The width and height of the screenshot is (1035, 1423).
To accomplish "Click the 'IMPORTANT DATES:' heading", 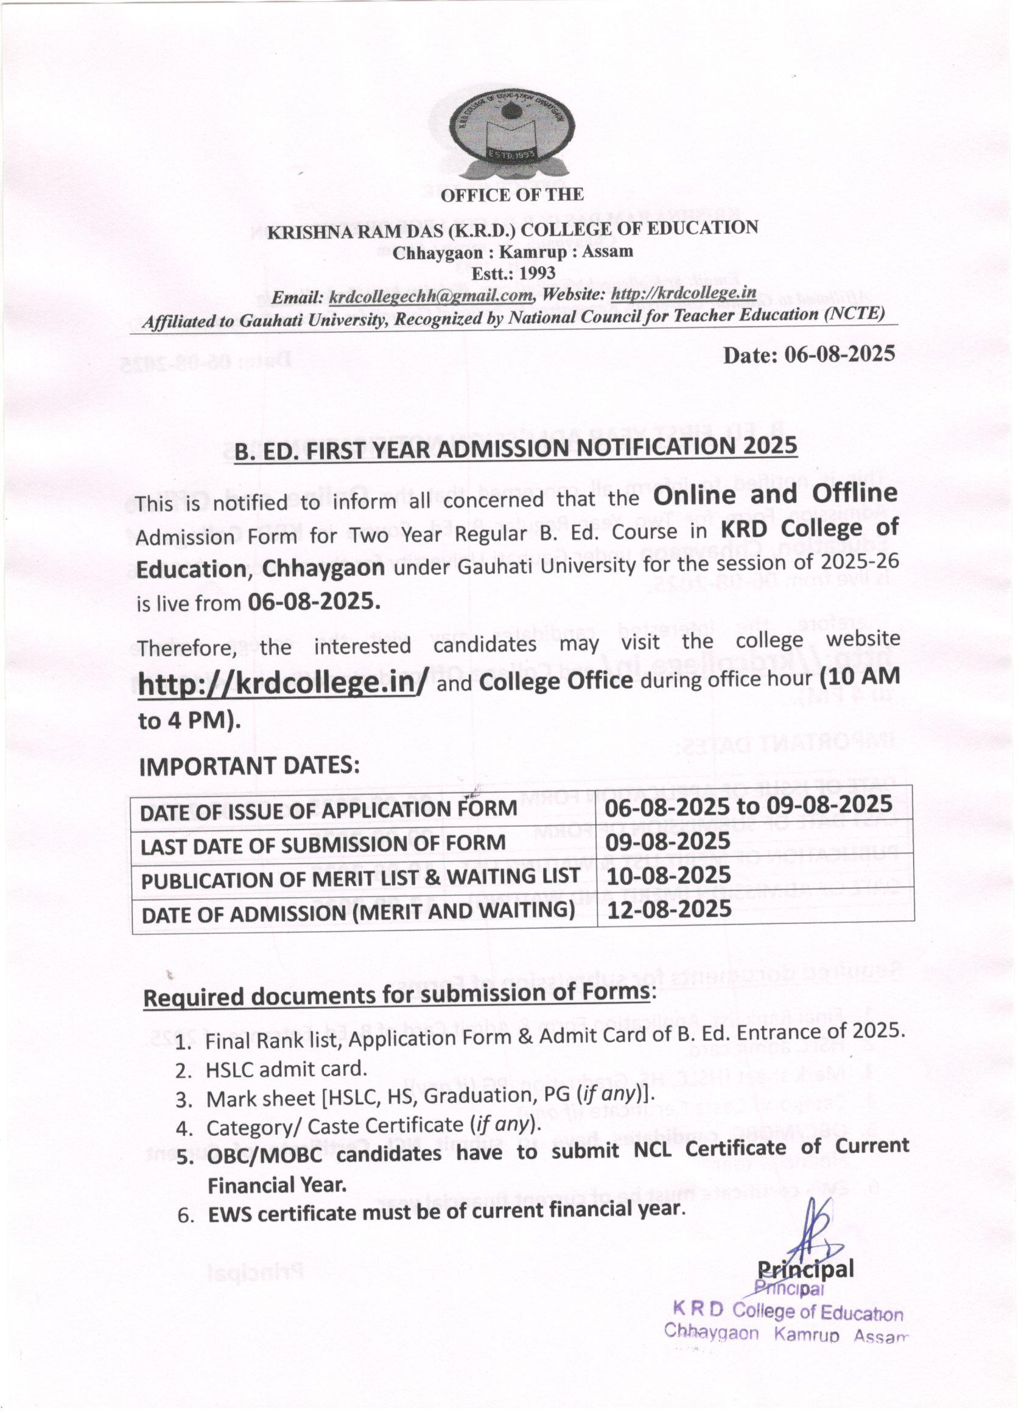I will tap(249, 766).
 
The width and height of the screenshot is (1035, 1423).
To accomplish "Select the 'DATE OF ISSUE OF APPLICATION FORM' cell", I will tap(328, 811).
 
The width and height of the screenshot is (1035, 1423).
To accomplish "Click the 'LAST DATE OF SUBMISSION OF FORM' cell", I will tap(323, 845).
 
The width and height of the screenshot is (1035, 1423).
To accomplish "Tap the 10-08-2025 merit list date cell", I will tap(669, 875).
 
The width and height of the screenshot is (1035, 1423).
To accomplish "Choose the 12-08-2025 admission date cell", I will tap(669, 909).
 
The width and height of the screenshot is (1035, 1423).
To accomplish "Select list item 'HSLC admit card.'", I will tap(286, 1069).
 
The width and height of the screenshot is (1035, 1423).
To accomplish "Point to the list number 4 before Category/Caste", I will tap(183, 1129).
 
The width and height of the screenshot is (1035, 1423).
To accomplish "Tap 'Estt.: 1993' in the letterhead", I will tap(513, 273).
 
